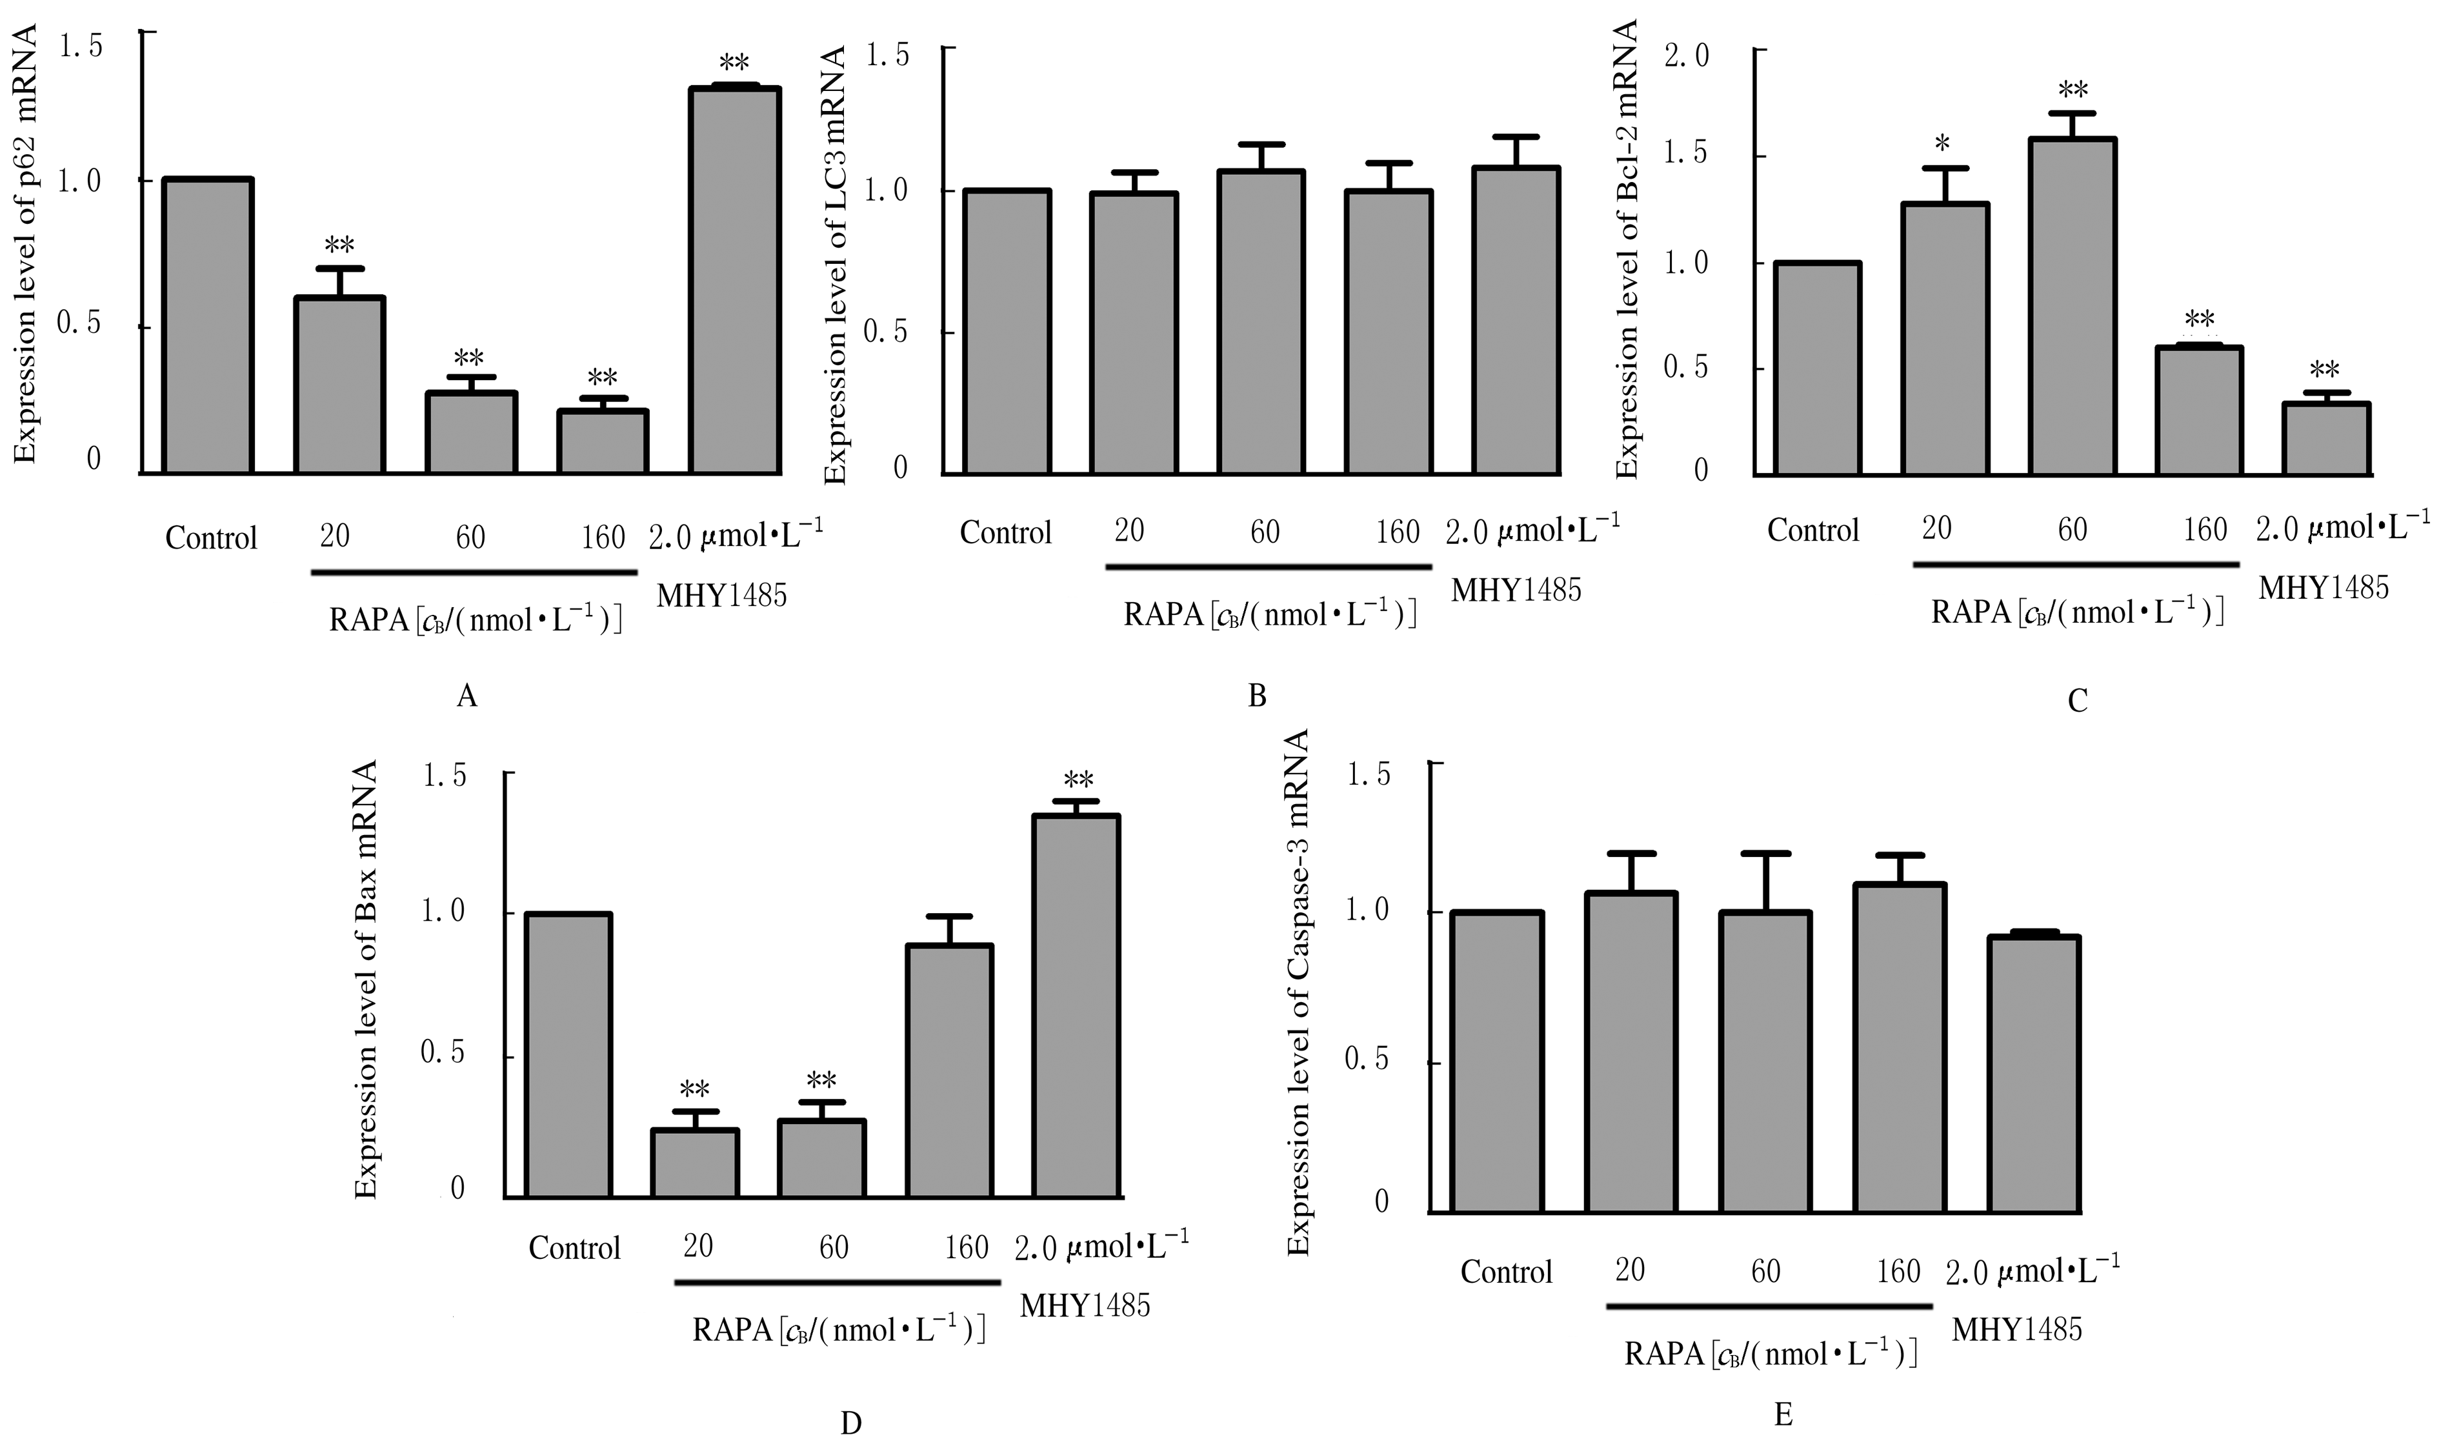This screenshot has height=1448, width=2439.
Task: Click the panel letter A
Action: [467, 696]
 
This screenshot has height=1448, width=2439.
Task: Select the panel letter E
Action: [1782, 1415]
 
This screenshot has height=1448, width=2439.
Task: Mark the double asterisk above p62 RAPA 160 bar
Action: [602, 377]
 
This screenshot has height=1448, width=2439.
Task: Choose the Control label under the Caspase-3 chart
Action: [1505, 1272]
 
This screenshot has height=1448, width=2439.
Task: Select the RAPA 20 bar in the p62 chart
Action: [339, 385]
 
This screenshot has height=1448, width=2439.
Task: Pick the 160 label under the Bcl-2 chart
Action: [2205, 530]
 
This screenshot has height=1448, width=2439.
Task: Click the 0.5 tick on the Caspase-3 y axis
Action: [1366, 1060]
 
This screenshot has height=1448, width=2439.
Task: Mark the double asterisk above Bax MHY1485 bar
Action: [1078, 779]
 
